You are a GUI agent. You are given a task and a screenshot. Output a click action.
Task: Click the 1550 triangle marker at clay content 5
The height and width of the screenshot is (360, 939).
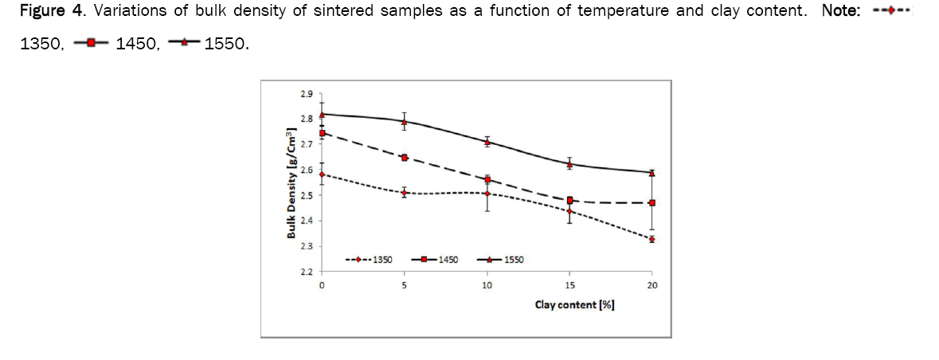click(405, 122)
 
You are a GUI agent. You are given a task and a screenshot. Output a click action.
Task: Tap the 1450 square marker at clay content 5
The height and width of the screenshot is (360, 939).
click(405, 158)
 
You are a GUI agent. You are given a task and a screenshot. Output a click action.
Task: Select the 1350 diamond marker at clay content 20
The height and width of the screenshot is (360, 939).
click(652, 239)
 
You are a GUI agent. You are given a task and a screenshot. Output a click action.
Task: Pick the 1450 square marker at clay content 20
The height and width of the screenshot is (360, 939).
click(652, 203)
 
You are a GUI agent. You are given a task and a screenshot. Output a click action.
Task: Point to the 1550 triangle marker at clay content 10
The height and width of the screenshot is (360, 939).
click(487, 142)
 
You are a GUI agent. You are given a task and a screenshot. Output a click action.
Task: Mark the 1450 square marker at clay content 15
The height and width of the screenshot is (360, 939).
click(570, 200)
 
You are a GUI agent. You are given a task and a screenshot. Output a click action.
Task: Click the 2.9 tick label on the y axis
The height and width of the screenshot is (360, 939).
click(307, 94)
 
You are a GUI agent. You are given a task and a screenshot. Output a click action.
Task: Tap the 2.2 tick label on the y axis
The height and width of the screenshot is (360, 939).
click(307, 272)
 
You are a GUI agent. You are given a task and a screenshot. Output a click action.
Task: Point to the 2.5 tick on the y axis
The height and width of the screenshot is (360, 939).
click(307, 195)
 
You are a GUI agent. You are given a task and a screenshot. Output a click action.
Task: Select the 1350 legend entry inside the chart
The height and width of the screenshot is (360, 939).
click(368, 260)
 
